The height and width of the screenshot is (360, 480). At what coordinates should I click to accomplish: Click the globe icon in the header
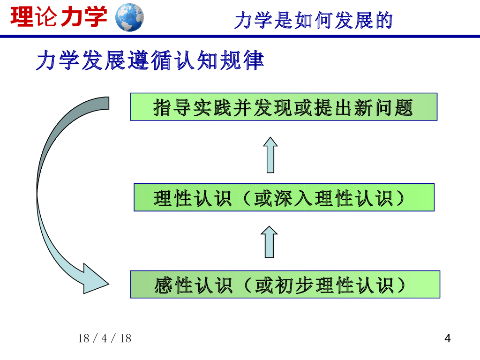(129, 17)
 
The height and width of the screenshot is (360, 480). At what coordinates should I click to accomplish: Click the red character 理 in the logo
(22, 17)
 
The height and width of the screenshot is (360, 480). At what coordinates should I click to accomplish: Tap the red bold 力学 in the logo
(84, 17)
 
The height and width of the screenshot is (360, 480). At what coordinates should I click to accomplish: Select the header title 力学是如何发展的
(313, 21)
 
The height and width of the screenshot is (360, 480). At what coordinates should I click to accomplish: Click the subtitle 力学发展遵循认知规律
(150, 61)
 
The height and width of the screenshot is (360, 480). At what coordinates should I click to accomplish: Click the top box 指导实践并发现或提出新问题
(283, 107)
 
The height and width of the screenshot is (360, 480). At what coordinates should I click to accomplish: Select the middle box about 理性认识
(284, 197)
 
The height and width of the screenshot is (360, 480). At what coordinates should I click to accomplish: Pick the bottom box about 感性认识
(285, 284)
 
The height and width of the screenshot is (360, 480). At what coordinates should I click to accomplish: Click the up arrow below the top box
(270, 154)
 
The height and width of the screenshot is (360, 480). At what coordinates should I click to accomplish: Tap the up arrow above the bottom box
(270, 241)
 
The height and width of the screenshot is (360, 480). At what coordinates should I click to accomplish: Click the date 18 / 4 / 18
(105, 338)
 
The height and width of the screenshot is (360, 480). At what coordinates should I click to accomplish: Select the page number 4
(448, 338)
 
